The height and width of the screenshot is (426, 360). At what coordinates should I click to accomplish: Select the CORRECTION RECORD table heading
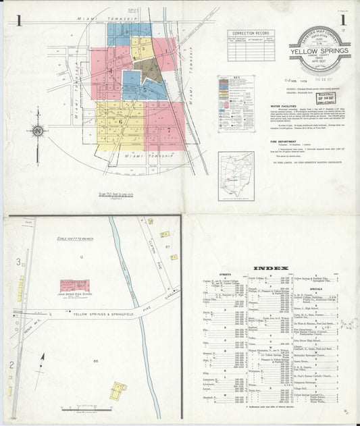pyautogui.click(x=251, y=32)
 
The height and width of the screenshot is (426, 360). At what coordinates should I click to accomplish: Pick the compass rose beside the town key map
pyautogui.click(x=38, y=130)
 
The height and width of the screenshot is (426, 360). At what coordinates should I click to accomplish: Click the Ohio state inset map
pyautogui.click(x=236, y=176)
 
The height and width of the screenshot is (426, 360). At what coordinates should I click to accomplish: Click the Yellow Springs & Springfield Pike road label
pyautogui.click(x=88, y=313)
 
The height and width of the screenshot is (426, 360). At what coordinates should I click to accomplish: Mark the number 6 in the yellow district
pyautogui.click(x=120, y=121)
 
